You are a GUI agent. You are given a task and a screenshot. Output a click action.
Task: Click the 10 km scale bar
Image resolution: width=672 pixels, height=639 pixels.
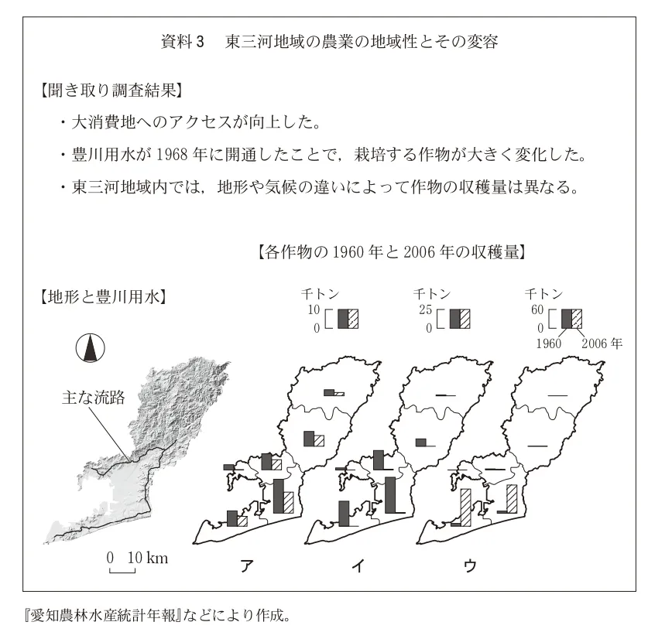click(122, 571)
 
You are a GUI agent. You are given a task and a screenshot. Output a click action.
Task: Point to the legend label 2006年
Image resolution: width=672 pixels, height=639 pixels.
click(602, 342)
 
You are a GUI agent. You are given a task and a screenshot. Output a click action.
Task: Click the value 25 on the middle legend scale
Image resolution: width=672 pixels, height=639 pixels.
click(426, 310)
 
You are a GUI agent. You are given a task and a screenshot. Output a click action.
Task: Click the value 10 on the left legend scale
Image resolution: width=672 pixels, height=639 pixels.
click(314, 310)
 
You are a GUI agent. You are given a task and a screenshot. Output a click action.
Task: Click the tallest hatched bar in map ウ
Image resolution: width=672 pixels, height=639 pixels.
click(465, 507)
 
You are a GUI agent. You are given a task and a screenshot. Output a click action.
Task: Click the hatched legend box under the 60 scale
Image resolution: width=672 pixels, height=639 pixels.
click(577, 319)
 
